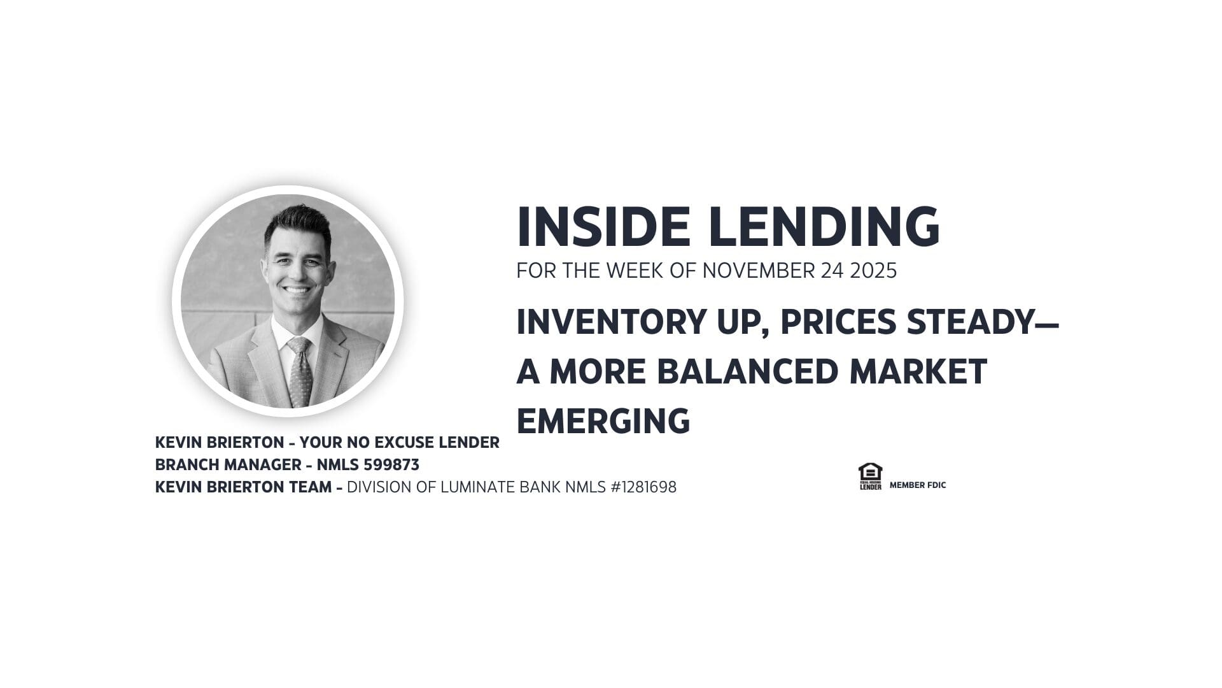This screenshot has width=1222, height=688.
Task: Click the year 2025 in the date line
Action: click(x=877, y=271)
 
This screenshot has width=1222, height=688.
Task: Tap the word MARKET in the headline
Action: click(x=918, y=371)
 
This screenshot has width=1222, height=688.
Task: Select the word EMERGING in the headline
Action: click(x=603, y=421)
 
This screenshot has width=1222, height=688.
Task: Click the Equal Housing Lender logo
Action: click(x=870, y=477)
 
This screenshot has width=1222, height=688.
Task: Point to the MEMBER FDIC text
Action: click(x=918, y=485)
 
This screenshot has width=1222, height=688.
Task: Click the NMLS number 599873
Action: click(x=391, y=465)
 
